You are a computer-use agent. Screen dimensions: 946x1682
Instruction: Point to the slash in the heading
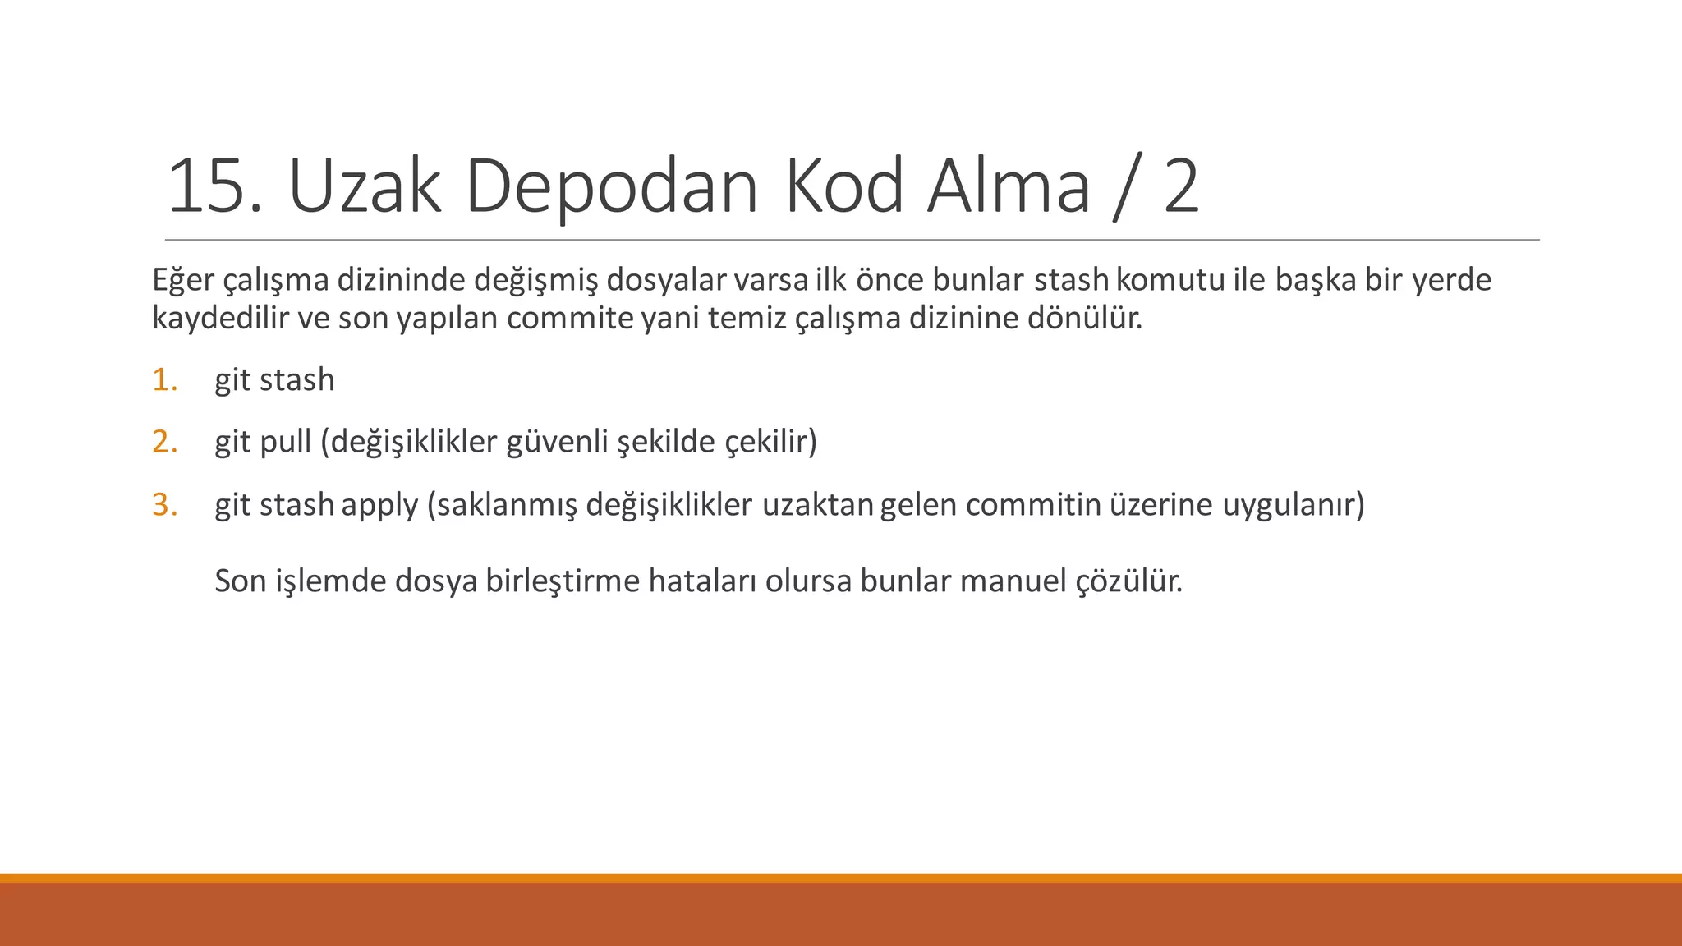tap(1126, 189)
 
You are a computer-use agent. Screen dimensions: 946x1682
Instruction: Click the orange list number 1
tap(163, 380)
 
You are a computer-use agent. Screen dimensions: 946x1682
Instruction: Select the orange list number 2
tap(164, 443)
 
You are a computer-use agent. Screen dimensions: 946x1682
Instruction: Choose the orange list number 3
tap(164, 505)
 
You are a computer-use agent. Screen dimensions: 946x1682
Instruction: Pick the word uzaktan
tap(817, 505)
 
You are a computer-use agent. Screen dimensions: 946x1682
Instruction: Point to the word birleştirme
tap(562, 581)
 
